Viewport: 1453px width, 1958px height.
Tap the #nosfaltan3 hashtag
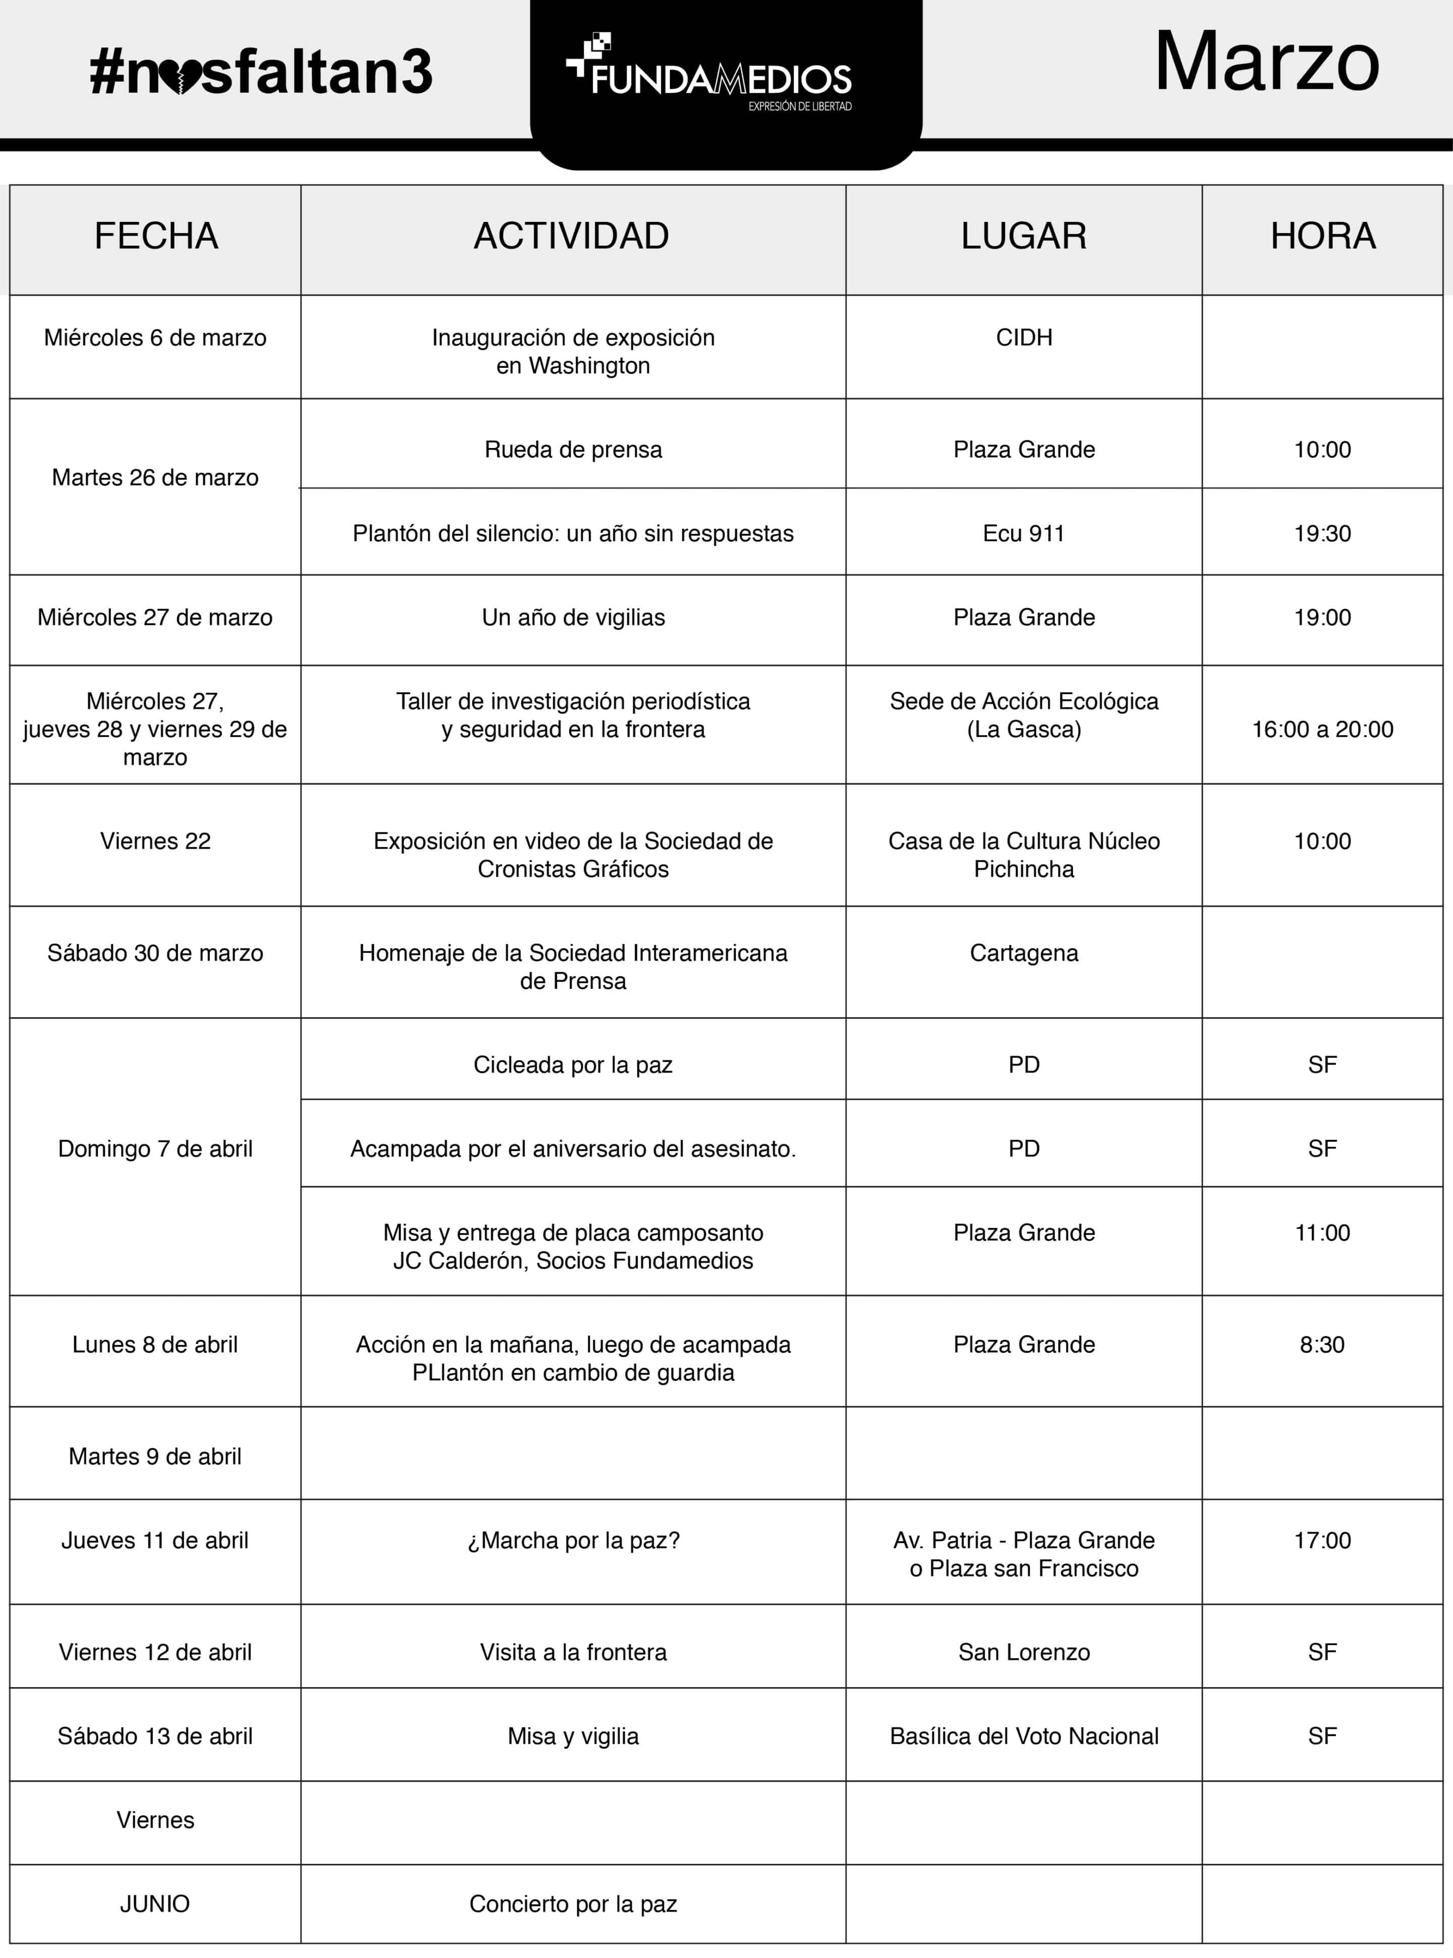(x=261, y=72)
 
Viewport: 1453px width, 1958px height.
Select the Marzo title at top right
(x=1266, y=62)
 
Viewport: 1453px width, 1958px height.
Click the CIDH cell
(x=1024, y=338)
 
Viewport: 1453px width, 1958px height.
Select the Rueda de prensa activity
(x=573, y=450)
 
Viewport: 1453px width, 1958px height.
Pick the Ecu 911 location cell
(x=1024, y=533)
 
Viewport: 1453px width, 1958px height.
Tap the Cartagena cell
(x=1024, y=953)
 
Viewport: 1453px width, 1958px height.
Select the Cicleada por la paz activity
(x=573, y=1065)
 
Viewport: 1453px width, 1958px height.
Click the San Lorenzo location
(x=1024, y=1652)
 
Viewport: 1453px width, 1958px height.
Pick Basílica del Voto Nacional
(x=1024, y=1736)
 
